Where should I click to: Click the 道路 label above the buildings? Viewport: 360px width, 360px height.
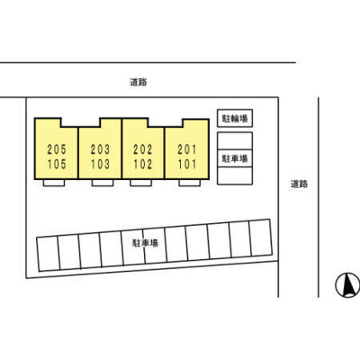tap(138, 82)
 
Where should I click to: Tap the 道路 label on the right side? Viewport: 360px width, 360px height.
tap(299, 184)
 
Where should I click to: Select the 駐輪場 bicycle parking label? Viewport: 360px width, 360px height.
tap(235, 119)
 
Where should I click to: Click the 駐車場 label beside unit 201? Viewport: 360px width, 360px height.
tap(235, 157)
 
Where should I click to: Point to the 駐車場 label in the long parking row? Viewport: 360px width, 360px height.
tap(145, 243)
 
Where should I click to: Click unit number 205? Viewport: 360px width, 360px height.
tap(56, 149)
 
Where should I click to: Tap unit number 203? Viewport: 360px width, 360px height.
tap(101, 149)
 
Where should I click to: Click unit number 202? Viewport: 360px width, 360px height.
tap(142, 149)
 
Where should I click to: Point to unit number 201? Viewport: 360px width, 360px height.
tap(187, 149)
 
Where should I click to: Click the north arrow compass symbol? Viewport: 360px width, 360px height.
tap(345, 285)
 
